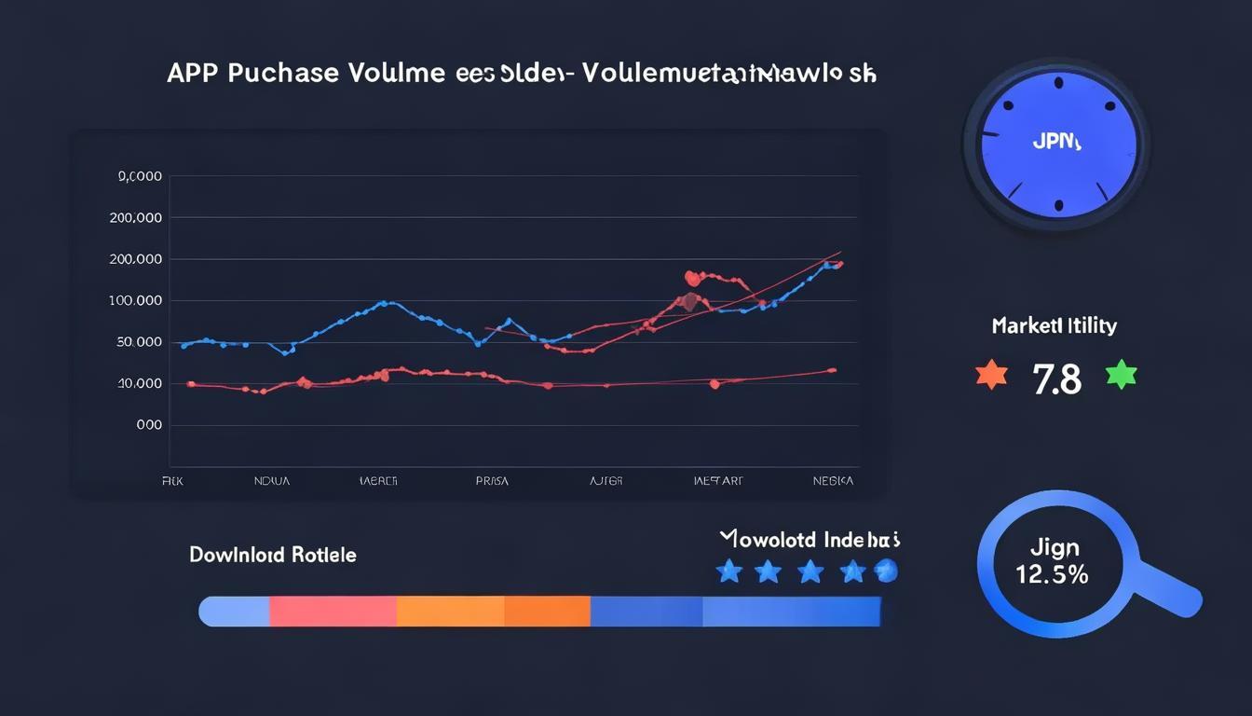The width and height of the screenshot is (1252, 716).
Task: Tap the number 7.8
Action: tap(1056, 379)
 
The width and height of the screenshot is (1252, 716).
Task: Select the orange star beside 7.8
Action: tap(991, 375)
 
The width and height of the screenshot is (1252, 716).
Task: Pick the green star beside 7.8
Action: tap(1121, 375)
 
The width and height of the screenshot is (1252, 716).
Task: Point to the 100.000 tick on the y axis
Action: tap(135, 301)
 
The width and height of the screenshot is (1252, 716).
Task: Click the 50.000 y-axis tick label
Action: tap(139, 342)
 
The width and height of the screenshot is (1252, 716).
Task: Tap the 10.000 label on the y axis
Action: tap(139, 383)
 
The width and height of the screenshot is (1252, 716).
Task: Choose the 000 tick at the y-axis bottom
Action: tap(149, 424)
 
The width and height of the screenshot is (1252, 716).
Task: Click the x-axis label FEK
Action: tap(172, 481)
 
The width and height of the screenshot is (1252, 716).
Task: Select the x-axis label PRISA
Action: tap(492, 481)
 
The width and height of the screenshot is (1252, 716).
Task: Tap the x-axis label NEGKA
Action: tap(831, 481)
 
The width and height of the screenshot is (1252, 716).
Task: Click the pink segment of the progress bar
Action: tap(333, 612)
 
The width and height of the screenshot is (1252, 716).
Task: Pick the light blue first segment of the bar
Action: tap(235, 612)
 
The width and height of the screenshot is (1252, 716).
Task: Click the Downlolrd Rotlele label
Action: tap(272, 555)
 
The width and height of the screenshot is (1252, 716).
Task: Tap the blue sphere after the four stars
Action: tap(887, 571)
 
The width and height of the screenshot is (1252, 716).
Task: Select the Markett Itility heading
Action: tap(1054, 326)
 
